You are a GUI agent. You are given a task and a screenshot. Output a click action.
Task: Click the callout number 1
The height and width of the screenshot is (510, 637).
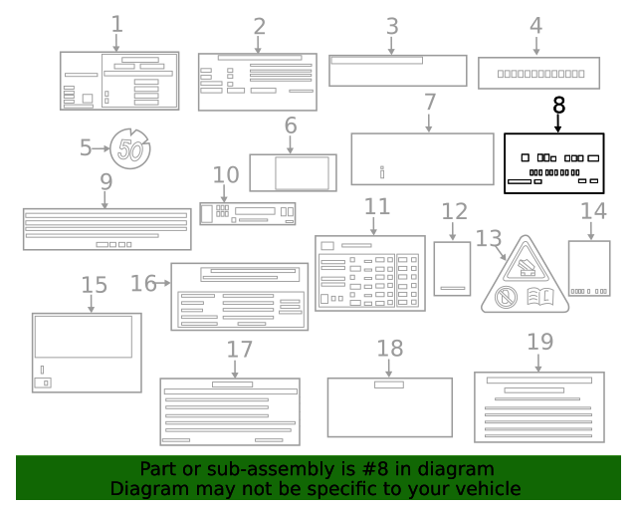(x=117, y=22)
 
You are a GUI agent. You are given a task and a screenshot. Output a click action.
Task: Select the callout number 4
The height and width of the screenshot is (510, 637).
(x=536, y=26)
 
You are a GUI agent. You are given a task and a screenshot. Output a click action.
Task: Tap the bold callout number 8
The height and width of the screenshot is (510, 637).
(x=558, y=104)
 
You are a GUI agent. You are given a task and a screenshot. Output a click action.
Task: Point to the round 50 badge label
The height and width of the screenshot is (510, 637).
(x=130, y=149)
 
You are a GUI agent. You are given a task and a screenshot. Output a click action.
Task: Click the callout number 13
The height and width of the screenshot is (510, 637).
(x=488, y=238)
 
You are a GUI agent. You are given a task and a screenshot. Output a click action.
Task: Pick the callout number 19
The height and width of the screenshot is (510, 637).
(x=539, y=342)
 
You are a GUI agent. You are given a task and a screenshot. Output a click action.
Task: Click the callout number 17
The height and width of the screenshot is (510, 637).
(x=239, y=350)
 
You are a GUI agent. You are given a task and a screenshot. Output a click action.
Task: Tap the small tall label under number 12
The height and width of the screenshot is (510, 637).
(x=453, y=268)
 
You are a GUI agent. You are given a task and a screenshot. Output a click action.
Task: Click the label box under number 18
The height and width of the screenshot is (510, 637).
(x=389, y=406)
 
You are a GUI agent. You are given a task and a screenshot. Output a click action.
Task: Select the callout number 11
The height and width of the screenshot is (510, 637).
(x=375, y=207)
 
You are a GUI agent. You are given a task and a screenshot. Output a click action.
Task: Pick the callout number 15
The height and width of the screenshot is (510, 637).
(x=94, y=285)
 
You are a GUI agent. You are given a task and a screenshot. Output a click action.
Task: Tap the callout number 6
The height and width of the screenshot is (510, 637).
(x=291, y=127)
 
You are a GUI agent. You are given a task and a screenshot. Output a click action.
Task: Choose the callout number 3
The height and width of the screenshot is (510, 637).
(x=391, y=26)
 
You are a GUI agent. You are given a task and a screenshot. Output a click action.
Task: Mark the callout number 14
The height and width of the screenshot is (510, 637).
(x=593, y=211)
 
